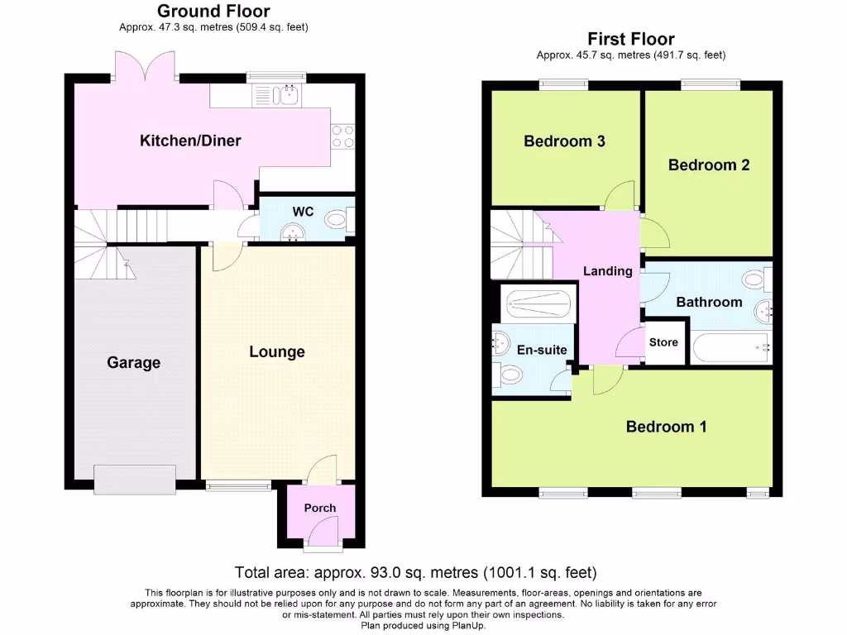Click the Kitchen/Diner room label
(x=190, y=141)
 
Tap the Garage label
(x=133, y=362)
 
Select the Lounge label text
(x=277, y=351)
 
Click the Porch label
(x=320, y=508)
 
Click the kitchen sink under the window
(x=289, y=96)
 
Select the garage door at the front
(x=134, y=479)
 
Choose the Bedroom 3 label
(x=564, y=141)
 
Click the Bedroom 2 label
(x=709, y=165)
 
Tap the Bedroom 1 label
(x=666, y=427)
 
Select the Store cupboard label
(x=663, y=342)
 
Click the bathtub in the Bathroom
(x=732, y=347)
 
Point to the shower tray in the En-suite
(x=538, y=303)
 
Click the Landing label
(x=608, y=271)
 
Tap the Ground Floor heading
(x=213, y=11)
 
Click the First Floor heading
(x=631, y=39)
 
